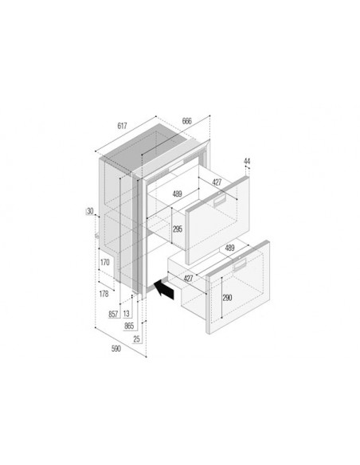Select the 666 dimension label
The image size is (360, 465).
[x=187, y=121]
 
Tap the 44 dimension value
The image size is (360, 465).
[x=248, y=162]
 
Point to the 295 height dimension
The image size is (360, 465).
[x=177, y=229]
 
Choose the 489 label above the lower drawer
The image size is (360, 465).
[x=230, y=248]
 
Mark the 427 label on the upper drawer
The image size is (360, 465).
[x=217, y=182]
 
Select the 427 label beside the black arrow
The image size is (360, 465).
[x=188, y=278]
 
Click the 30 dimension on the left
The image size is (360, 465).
[x=90, y=211]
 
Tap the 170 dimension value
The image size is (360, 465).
[x=105, y=261]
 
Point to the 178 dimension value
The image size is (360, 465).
[x=103, y=294]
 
